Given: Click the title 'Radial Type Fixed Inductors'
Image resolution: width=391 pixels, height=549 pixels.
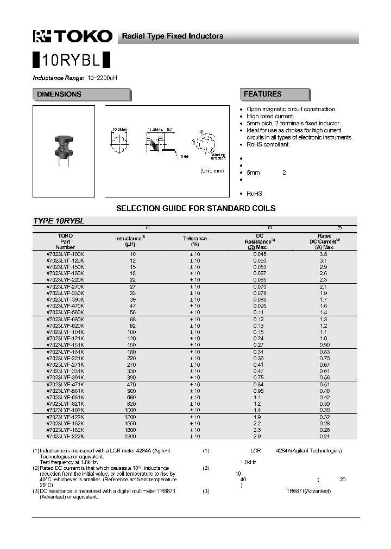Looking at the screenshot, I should pos(172,36).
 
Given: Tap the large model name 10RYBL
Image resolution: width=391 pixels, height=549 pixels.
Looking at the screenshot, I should pos(72,59).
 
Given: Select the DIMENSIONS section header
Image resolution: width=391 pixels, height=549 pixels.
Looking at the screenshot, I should pos(59,94).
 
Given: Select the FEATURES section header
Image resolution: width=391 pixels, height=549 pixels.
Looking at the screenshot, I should pos(263,94).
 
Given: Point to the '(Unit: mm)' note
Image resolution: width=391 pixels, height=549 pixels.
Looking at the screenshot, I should pos(212,171).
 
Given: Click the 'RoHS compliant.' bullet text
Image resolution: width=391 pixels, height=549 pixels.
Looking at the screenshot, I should pos(268,145).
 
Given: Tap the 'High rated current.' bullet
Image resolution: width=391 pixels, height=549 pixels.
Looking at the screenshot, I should pos(270,117).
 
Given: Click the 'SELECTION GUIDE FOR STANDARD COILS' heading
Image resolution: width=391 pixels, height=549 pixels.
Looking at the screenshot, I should pos(196,208).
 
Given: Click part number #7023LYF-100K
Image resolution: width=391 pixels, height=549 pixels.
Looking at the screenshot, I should pos(65,254).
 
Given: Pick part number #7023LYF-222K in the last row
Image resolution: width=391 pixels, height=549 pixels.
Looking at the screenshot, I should pos(65,436).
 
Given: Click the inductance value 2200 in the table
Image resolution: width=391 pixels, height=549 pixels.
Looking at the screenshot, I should pos(130,436).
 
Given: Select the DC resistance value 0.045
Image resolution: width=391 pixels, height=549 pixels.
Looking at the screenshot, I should pos(260,254).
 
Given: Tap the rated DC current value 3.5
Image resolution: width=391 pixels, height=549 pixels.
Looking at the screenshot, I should pos(323,254).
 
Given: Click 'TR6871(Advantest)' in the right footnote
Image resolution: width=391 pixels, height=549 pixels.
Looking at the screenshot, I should pos(308,491).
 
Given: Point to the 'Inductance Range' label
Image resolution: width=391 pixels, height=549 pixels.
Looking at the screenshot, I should pos(58,78).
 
